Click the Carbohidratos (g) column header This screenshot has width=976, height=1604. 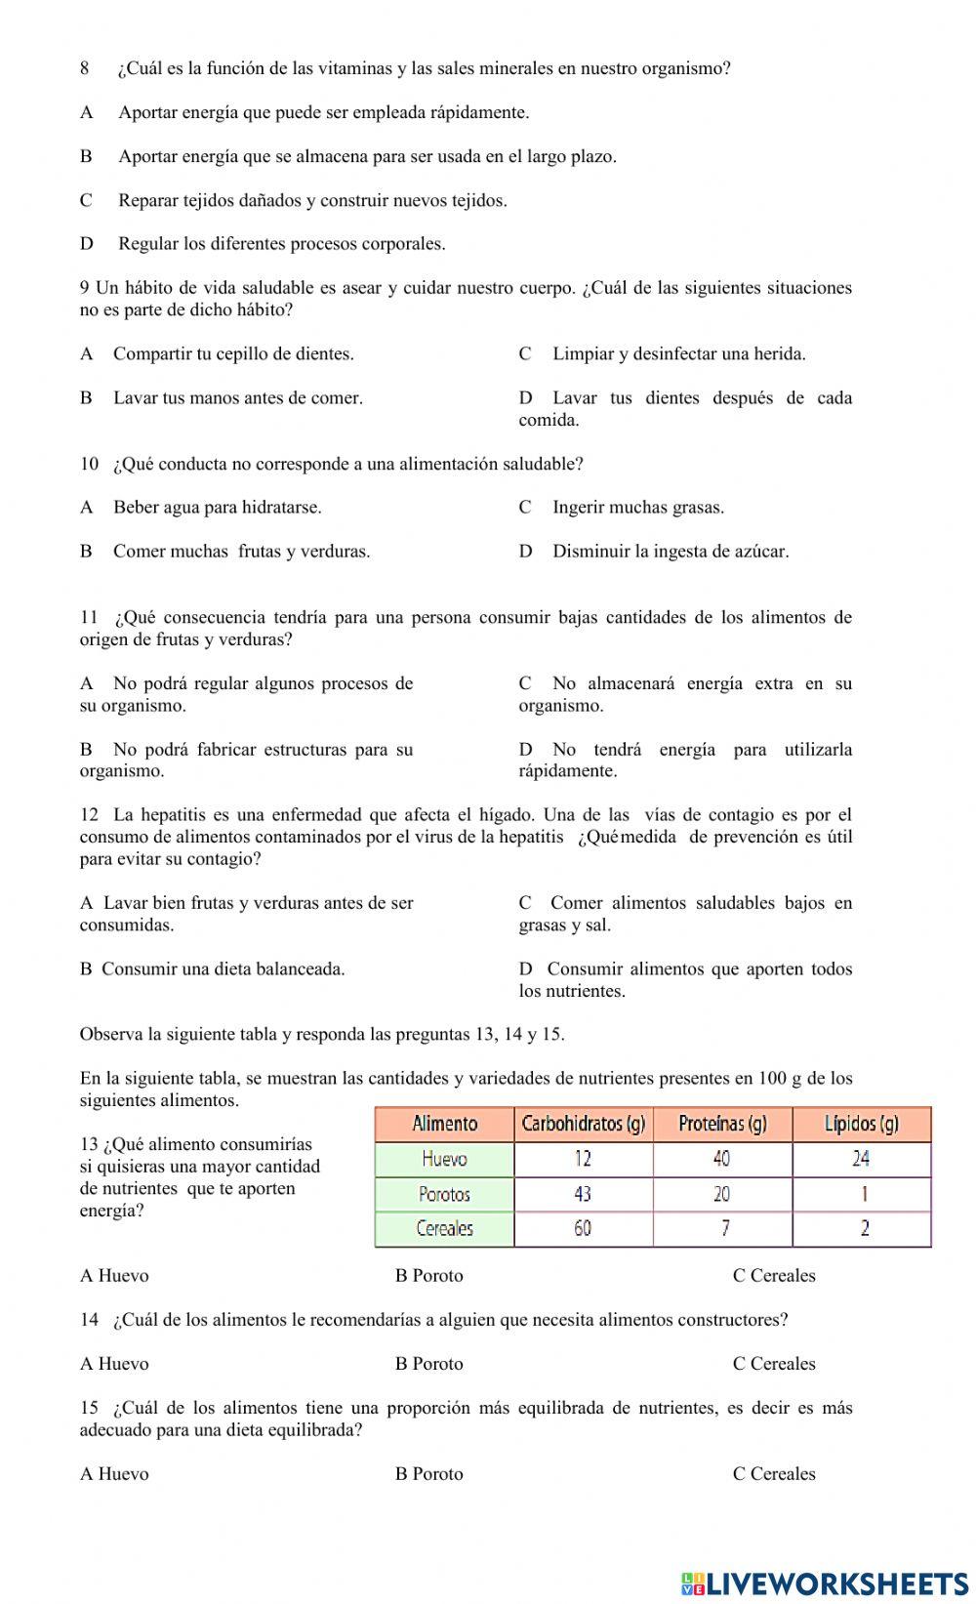[583, 1124]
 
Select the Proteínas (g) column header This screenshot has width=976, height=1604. [722, 1124]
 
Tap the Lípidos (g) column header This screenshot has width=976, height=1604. [861, 1124]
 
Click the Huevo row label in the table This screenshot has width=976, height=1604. [444, 1159]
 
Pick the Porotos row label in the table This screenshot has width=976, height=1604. [444, 1194]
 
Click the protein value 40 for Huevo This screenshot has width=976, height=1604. [721, 1159]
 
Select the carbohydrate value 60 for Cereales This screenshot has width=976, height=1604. [583, 1229]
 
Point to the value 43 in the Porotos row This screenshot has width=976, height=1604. [583, 1194]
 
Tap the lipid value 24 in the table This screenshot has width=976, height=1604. [861, 1159]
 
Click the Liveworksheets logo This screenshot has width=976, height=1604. [825, 1583]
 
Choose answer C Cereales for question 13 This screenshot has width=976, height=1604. [774, 1276]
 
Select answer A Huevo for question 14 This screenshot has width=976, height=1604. [114, 1364]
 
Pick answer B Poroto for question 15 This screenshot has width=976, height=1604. [428, 1474]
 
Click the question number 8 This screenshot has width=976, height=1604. [85, 68]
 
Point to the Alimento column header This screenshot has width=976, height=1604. [444, 1124]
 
